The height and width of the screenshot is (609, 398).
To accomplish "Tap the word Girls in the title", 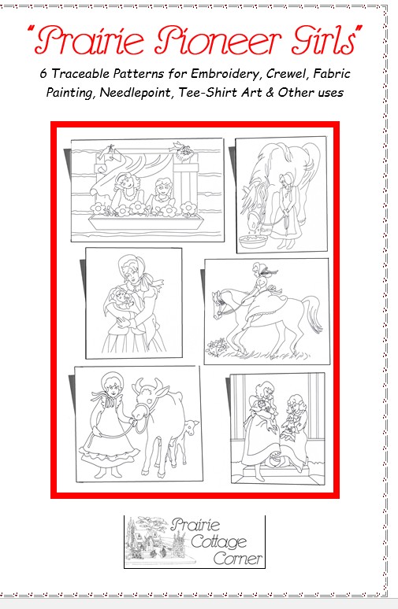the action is [324, 39].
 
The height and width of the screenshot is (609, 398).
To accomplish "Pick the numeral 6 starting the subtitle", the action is [43, 73].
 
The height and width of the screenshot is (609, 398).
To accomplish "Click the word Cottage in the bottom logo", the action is [219, 542].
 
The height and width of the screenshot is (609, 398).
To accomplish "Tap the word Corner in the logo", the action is [238, 559].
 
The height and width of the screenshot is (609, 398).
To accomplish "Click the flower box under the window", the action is [146, 223].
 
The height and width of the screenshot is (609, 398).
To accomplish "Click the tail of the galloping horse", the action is [314, 313].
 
